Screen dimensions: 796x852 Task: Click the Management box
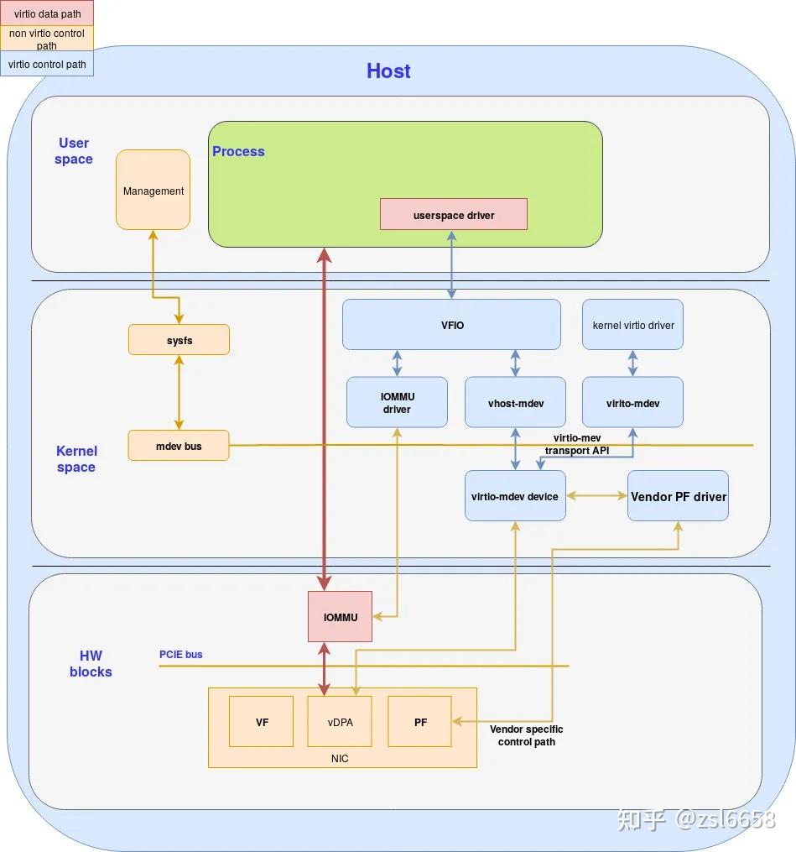click(x=153, y=190)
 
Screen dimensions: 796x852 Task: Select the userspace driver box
click(x=454, y=214)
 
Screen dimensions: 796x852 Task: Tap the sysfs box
click(x=179, y=340)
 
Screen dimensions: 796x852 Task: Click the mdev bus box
click(x=179, y=446)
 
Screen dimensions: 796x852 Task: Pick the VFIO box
click(x=451, y=324)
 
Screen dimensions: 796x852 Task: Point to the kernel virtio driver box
click(x=632, y=324)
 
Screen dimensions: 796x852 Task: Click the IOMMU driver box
click(x=397, y=402)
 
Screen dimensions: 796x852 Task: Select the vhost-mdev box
click(x=515, y=402)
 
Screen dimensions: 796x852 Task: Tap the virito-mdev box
click(x=632, y=402)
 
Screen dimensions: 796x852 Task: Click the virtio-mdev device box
click(x=515, y=495)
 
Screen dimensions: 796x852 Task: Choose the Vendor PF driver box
click(x=679, y=495)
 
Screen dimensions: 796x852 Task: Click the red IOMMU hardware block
click(x=340, y=617)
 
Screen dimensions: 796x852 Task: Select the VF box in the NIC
click(x=261, y=722)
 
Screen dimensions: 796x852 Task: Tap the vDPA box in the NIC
click(x=340, y=722)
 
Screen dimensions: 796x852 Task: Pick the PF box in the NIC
click(x=419, y=722)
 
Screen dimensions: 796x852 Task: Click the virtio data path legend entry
click(x=47, y=13)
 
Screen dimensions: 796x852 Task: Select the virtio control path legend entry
click(x=47, y=64)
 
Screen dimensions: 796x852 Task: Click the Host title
click(x=388, y=71)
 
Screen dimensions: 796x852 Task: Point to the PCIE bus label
click(x=181, y=654)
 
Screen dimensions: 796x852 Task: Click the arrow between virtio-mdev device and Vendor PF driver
click(x=596, y=495)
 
